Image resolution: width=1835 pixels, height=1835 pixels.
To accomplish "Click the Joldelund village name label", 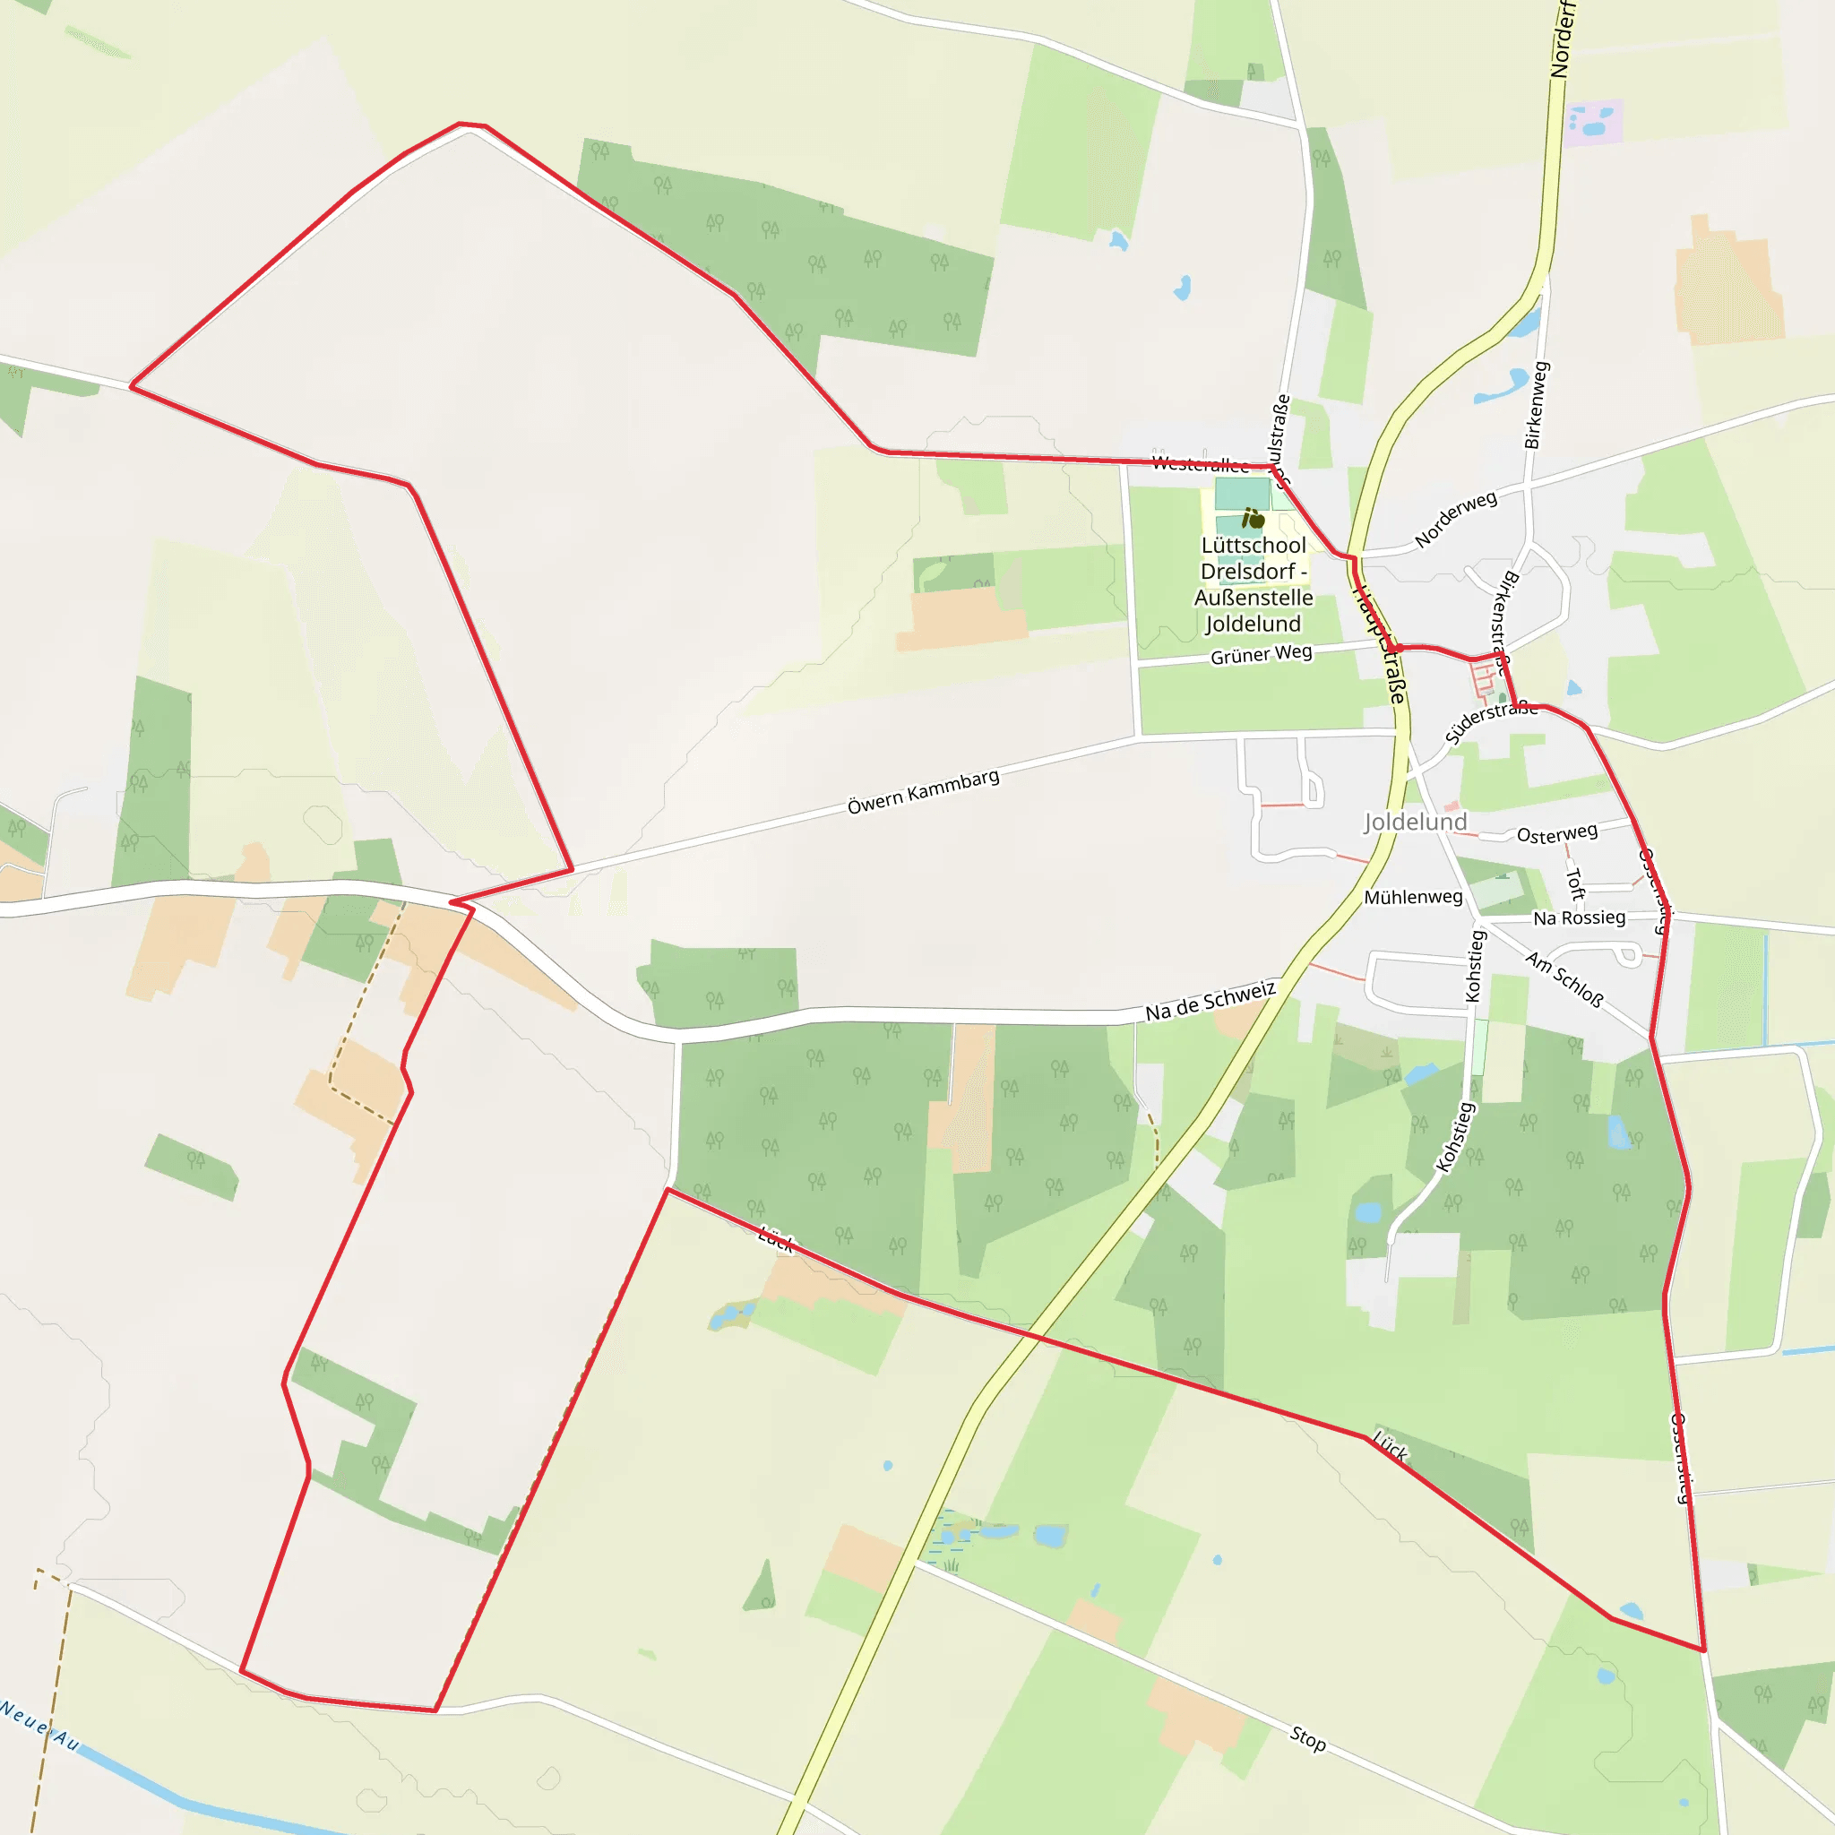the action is coord(1415,822).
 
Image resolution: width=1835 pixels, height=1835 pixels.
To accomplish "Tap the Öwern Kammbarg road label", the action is coord(923,792).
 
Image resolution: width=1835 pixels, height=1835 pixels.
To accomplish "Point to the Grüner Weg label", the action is coord(1261,654).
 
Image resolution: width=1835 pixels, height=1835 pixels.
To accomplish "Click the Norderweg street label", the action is coord(1455,519).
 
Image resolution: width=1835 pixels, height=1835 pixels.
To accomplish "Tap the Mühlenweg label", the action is coord(1413,897).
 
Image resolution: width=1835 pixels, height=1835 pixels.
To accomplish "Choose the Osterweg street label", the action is coord(1556,834).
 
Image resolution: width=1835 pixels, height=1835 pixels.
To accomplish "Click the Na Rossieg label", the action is coord(1580,917).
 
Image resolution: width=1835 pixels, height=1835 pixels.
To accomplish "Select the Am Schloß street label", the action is coord(1564,979).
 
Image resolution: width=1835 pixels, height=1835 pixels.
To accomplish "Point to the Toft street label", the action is coord(1575,884).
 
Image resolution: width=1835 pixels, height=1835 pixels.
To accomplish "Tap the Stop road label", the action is coord(1308,1738).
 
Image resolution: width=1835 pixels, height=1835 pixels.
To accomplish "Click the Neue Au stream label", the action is coord(40,1725).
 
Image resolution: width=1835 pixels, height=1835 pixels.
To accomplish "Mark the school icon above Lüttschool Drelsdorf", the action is coord(1253,519).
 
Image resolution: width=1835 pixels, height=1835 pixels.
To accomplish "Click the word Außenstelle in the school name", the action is coord(1253,598).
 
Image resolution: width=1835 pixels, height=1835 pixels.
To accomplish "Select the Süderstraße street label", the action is coord(1490,722).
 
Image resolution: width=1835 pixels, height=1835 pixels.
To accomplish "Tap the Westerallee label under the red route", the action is coord(1200,463).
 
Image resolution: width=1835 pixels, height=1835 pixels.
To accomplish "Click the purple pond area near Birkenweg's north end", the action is coord(1593,123).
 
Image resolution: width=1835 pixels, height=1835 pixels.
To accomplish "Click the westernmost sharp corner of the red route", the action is coord(131,386).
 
